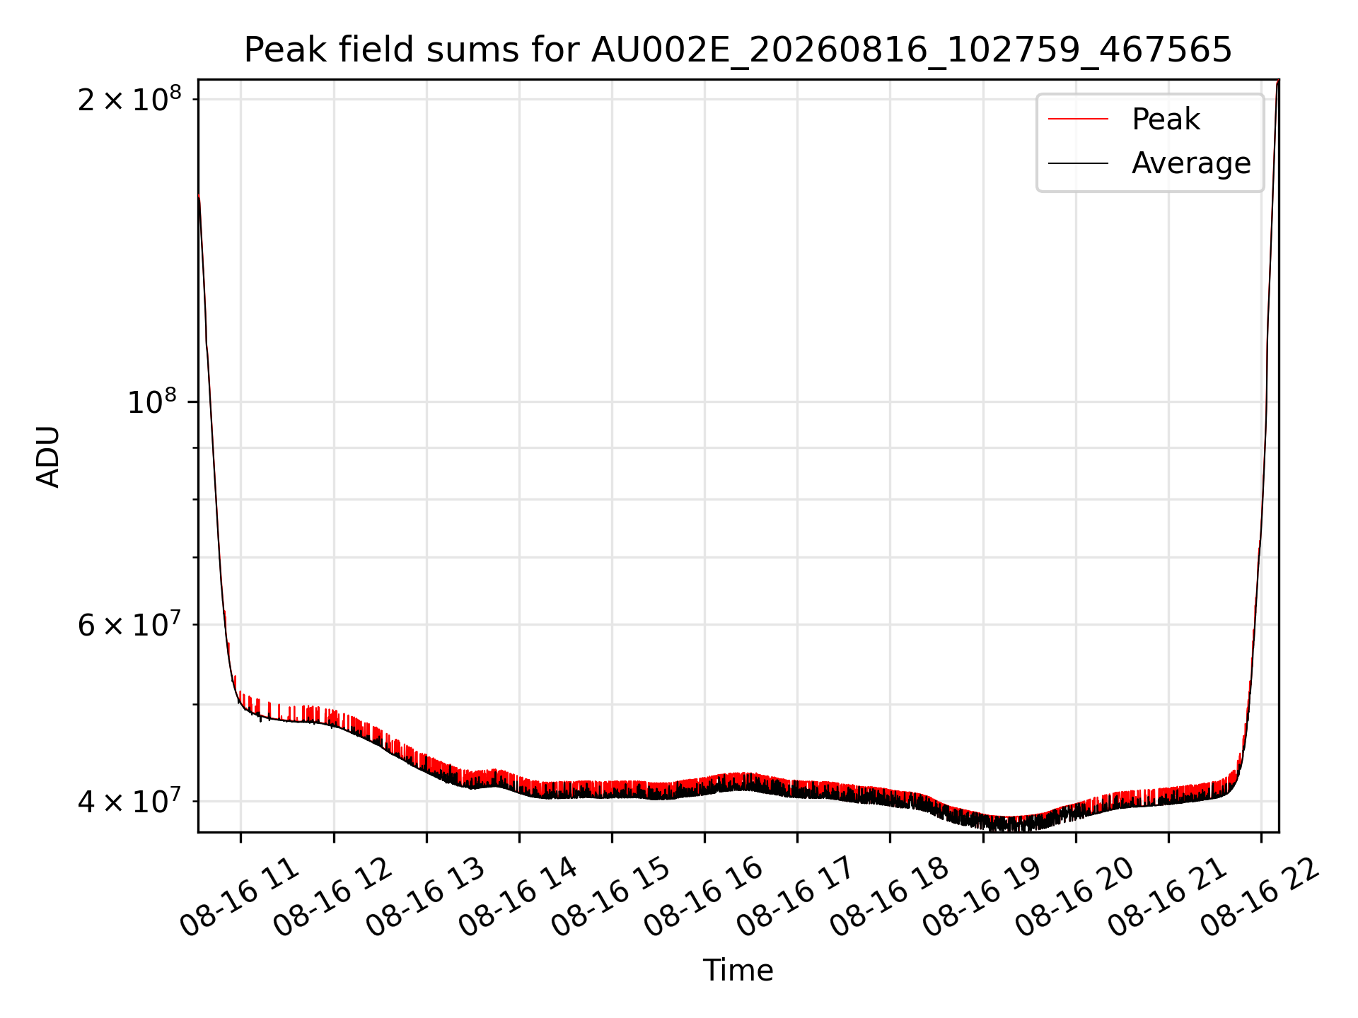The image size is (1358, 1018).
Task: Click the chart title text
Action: [x=738, y=50]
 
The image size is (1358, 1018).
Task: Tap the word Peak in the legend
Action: [x=1166, y=119]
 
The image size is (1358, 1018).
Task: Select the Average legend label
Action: [x=1191, y=163]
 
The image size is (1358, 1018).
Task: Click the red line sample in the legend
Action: [x=1078, y=119]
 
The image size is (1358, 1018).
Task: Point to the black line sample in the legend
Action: [x=1078, y=163]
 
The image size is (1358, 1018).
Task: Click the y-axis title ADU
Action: [x=48, y=456]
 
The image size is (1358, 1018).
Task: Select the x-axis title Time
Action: [x=738, y=970]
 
